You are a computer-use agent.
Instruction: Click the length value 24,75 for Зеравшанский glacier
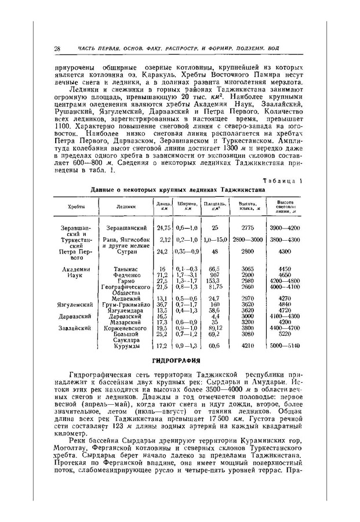click(x=162, y=228)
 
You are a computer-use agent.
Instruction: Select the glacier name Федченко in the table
click(x=127, y=274)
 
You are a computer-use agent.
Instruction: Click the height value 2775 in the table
click(x=248, y=228)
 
